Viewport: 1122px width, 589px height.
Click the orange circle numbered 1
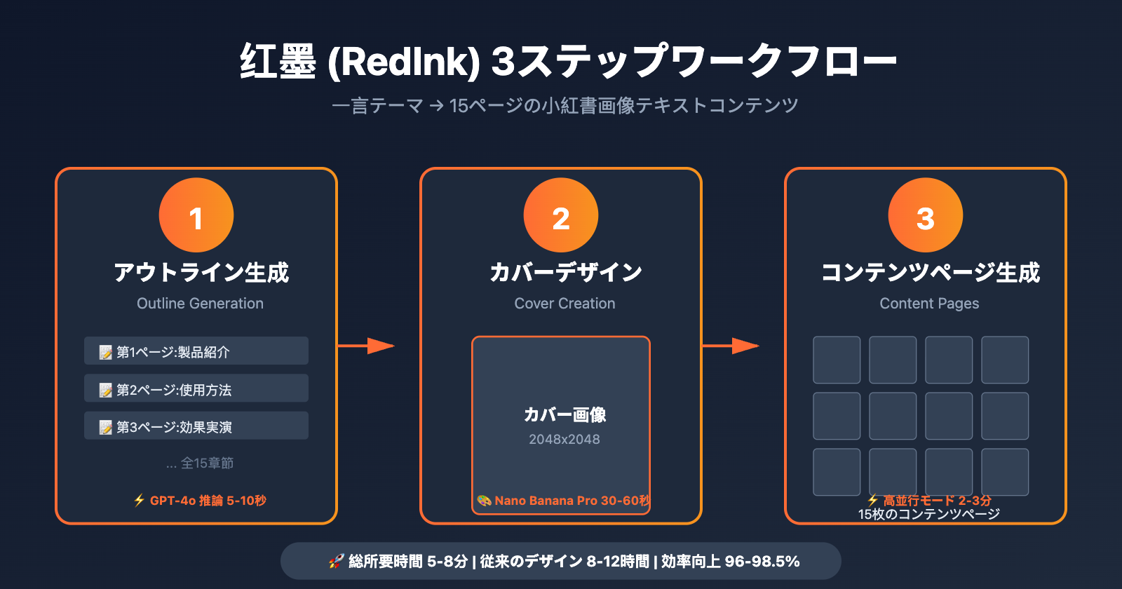196,215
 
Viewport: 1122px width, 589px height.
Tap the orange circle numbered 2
561,215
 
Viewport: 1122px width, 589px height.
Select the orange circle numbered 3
926,215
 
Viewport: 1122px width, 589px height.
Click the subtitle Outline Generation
200,304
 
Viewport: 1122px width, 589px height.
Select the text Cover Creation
565,304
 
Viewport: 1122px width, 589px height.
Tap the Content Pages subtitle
929,304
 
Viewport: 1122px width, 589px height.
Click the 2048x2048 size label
565,440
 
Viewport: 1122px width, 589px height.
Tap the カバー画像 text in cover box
565,415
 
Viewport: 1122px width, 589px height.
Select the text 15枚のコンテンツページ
929,515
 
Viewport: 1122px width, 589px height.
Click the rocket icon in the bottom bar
336,562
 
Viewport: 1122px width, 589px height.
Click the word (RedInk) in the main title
404,62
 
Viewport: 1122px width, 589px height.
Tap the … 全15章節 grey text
200,463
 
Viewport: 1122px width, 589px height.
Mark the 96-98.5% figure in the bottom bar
762,562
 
